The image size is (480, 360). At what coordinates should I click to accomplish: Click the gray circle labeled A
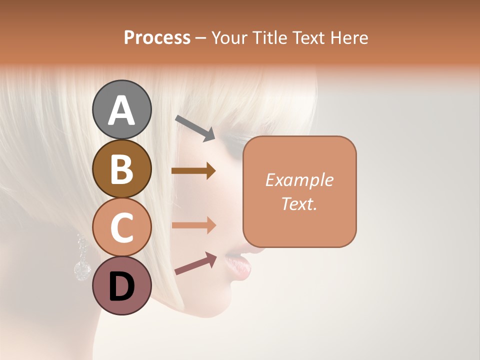click(121, 109)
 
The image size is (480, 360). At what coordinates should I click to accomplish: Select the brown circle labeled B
click(121, 168)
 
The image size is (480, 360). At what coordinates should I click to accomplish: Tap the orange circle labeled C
click(121, 227)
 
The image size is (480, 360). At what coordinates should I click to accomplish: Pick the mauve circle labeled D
click(121, 285)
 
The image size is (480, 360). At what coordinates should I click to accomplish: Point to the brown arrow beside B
click(193, 171)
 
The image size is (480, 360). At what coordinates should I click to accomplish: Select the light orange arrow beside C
click(193, 225)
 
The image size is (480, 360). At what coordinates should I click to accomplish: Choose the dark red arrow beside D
click(195, 263)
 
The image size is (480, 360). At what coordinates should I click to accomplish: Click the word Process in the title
click(157, 38)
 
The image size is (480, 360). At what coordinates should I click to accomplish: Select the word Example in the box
click(299, 180)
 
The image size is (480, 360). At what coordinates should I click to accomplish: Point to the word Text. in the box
click(299, 203)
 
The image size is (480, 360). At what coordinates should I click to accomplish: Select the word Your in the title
click(228, 38)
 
